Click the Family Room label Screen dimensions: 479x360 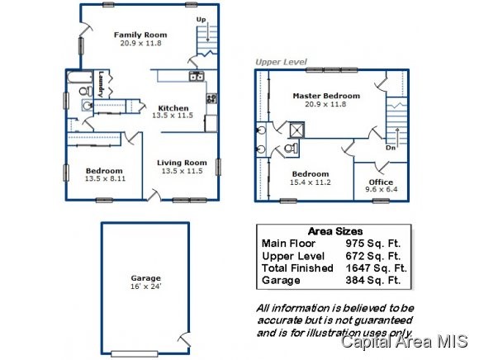[x=140, y=35]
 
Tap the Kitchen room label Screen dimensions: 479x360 [x=173, y=108]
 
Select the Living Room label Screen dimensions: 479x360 [x=182, y=163]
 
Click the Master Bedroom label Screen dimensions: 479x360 [x=326, y=96]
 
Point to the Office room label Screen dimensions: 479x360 [x=381, y=182]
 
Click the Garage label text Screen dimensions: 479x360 [x=145, y=278]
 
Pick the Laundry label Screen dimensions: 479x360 [x=101, y=84]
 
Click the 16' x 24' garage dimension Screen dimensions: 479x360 [x=145, y=287]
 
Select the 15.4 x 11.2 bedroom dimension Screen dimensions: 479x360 [x=310, y=182]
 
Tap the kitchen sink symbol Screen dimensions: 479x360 [x=197, y=76]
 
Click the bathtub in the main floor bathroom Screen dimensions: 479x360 [x=80, y=78]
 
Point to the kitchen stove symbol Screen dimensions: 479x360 [x=211, y=98]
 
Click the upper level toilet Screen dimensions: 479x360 [x=292, y=149]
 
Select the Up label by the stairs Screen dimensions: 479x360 [x=201, y=20]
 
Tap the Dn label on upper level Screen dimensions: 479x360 [x=391, y=148]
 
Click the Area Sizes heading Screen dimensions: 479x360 [x=335, y=231]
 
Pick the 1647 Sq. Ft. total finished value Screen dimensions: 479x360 [x=376, y=268]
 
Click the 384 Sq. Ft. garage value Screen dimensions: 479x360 [x=373, y=280]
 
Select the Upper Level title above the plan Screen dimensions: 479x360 [x=281, y=62]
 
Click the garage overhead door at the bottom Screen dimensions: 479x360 [x=135, y=354]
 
